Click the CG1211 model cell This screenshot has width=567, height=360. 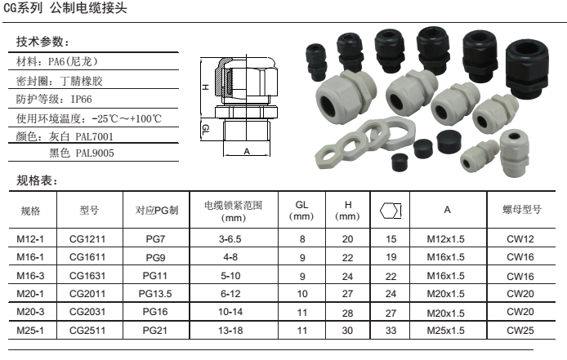tap(87, 239)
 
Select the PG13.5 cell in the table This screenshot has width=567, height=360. tap(155, 294)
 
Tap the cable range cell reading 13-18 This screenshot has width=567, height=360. tap(230, 331)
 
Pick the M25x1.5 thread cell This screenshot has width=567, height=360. tap(445, 331)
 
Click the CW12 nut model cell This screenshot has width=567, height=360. tap(520, 239)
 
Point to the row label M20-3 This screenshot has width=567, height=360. tap(30, 312)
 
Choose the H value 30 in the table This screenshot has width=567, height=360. tap(347, 331)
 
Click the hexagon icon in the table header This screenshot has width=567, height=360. tap(391, 211)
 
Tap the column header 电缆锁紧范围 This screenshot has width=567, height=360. tap(233, 205)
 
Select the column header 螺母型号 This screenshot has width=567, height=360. tap(522, 209)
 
